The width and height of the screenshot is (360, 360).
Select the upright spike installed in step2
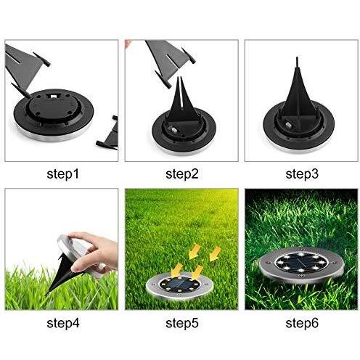pyautogui.click(x=179, y=109)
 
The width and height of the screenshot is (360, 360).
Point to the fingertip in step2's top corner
pyautogui.click(x=128, y=44)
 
